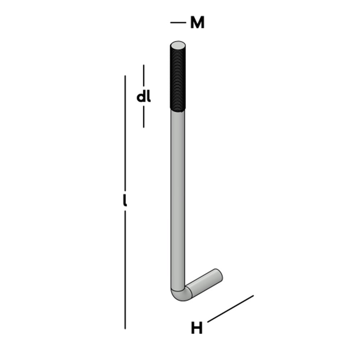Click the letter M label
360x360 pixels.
[197, 23]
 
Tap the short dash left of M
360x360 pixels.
[177, 23]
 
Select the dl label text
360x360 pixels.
[144, 97]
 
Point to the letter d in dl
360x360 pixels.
[141, 97]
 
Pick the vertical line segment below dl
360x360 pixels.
[144, 117]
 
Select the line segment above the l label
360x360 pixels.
[125, 133]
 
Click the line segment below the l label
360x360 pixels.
[125, 270]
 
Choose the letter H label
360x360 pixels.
[197, 328]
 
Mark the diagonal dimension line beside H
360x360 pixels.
[230, 309]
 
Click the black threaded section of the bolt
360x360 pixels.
[178, 79]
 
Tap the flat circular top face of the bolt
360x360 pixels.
[178, 46]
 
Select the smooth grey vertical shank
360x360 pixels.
[178, 198]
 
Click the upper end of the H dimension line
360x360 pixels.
[253, 296]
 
